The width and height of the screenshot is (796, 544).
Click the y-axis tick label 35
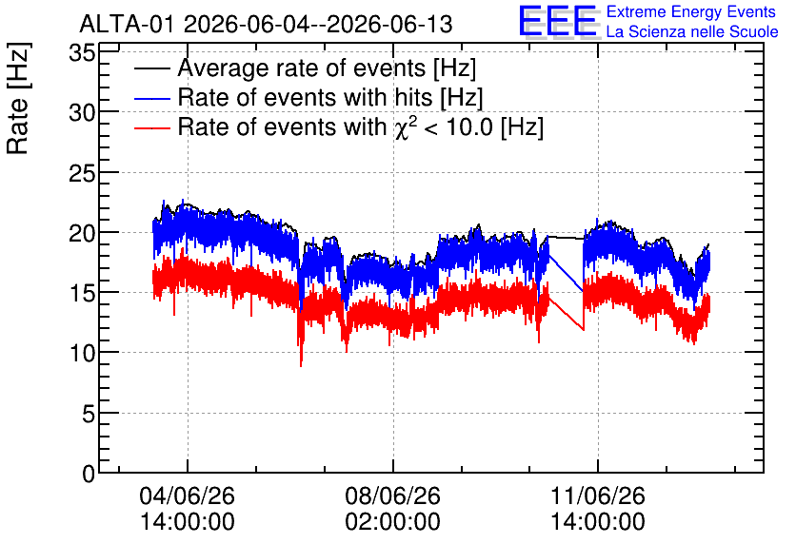tap(82, 52)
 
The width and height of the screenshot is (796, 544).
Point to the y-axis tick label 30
tap(82, 112)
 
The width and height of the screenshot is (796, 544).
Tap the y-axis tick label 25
tap(82, 173)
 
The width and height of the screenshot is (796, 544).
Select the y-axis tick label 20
tap(82, 233)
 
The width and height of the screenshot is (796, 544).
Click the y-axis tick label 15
tap(82, 293)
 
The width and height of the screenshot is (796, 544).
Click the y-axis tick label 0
tap(89, 474)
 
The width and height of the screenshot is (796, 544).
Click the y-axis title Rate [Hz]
tap(18, 98)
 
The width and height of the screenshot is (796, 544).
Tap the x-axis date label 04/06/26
tap(188, 495)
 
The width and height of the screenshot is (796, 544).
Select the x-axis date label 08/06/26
tap(393, 495)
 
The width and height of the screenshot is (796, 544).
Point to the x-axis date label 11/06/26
tap(598, 495)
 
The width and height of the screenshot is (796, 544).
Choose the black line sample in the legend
tap(151, 68)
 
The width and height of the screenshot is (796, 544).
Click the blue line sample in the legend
tap(151, 98)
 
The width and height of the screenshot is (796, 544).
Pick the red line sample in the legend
tap(151, 127)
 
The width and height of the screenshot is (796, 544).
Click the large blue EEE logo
tap(558, 21)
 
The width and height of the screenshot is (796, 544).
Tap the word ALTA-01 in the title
tap(129, 24)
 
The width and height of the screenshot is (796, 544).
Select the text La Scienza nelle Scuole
tap(692, 32)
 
